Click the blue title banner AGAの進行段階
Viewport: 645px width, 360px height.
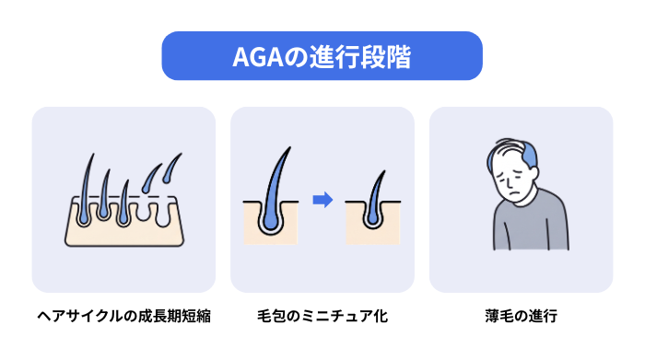tap(322, 56)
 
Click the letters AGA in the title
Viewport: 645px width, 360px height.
tap(258, 57)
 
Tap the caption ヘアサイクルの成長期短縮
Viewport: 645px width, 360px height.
tap(123, 316)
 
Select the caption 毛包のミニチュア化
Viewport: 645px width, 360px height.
tap(322, 316)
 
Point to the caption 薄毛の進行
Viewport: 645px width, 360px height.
tap(522, 316)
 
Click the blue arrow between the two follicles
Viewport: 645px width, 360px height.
tap(322, 200)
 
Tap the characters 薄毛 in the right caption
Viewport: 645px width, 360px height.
tap(499, 316)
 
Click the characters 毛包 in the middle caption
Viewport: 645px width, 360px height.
tap(271, 316)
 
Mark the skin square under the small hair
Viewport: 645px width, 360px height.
tap(372, 223)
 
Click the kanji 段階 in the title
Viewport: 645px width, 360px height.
tap(386, 57)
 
